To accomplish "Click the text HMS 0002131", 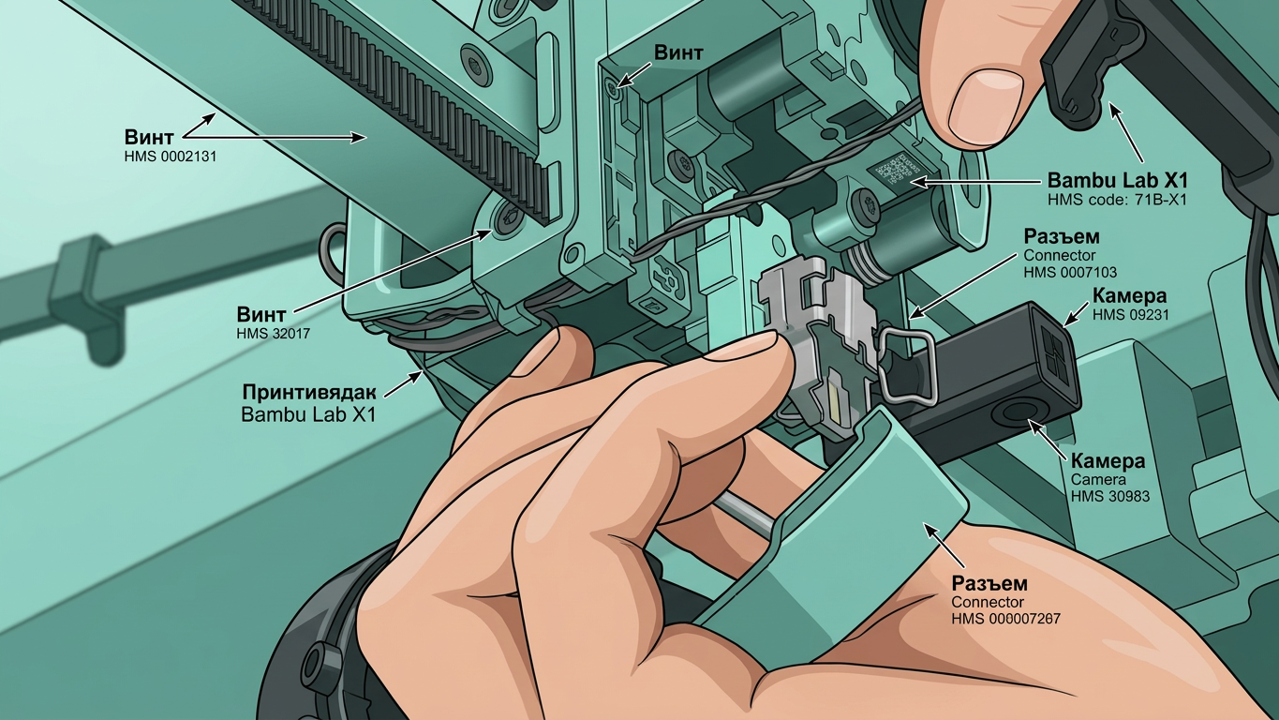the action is [171, 156].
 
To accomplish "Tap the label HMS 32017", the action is [273, 333].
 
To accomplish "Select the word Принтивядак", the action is [309, 393].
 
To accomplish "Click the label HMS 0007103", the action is [1070, 272].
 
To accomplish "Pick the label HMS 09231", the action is [1131, 314].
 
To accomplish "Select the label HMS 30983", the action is [1110, 496].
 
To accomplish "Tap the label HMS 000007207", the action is [1005, 619].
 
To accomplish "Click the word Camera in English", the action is [1098, 479].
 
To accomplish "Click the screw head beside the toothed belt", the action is [506, 217].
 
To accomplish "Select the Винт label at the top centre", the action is [678, 52].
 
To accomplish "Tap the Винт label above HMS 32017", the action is [260, 314].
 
